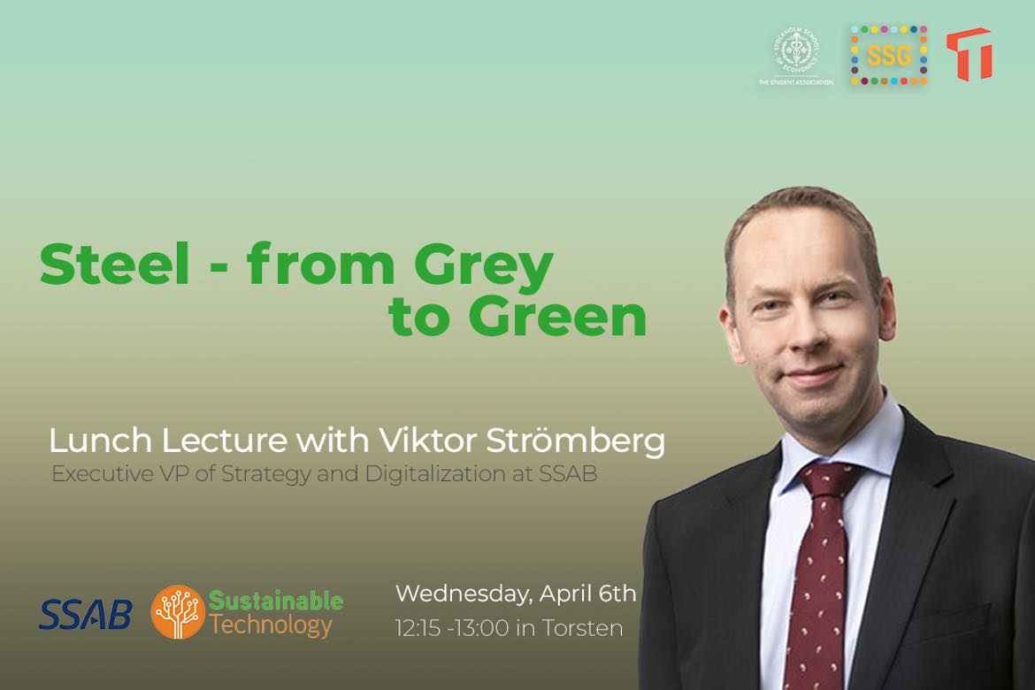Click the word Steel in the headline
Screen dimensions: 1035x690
(x=115, y=264)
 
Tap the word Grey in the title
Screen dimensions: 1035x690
(x=484, y=268)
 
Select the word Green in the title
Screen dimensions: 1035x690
(x=557, y=317)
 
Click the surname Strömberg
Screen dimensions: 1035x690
(x=575, y=441)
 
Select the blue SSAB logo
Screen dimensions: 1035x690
(x=86, y=614)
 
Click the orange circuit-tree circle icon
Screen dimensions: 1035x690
(x=178, y=612)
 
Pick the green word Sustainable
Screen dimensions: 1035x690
(x=276, y=600)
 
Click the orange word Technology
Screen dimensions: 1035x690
(x=271, y=625)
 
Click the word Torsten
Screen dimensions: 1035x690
(x=582, y=628)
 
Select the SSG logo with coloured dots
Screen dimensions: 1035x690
(x=889, y=56)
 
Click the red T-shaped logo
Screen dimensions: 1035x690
(x=970, y=53)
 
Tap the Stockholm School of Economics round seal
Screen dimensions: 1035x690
(x=796, y=51)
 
